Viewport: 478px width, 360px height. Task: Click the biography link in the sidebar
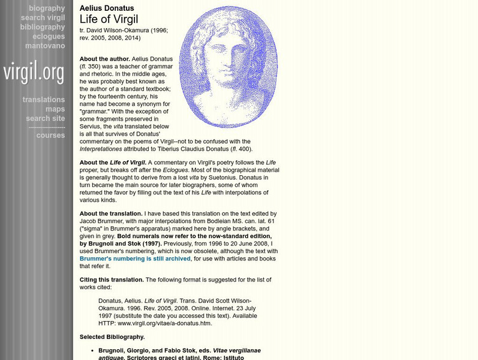coord(46,8)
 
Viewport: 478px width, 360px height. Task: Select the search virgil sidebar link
coord(43,18)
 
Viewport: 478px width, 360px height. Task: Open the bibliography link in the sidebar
coord(42,27)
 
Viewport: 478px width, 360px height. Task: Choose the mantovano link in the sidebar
coord(45,46)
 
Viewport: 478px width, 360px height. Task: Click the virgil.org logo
coord(34,73)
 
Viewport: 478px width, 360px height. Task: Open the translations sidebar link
coord(44,100)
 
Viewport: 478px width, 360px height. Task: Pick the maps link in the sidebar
coord(55,109)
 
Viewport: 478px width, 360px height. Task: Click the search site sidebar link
coord(46,119)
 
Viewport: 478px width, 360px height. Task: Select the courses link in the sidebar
coord(50,135)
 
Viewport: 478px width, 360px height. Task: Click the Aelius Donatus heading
coord(107,8)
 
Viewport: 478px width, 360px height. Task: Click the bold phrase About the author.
coord(104,59)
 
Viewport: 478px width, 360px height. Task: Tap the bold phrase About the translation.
coord(111,214)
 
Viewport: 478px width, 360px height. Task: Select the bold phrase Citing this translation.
coord(112,280)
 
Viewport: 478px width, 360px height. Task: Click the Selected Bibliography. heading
coord(112,337)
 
